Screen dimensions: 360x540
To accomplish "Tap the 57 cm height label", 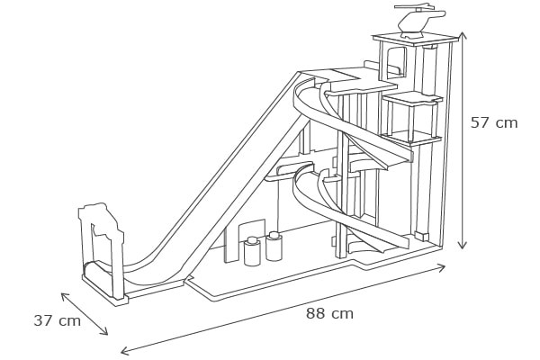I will pos(494,123).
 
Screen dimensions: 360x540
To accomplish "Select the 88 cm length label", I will pos(329,314).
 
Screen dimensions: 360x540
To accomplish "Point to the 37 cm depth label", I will pos(57,320).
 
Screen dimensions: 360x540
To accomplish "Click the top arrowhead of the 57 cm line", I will pos(462,35).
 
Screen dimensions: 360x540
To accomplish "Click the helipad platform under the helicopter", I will pos(416,39).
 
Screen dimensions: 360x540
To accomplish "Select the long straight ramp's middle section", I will pos(229,180).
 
